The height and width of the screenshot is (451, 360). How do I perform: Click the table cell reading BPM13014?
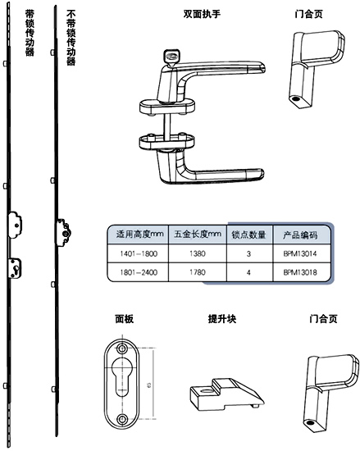[299, 255]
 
